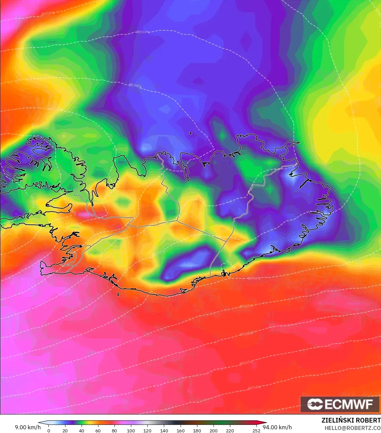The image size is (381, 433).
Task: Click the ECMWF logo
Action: (340, 404)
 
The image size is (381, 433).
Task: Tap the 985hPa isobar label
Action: (143, 32)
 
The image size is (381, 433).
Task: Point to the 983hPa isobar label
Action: (135, 85)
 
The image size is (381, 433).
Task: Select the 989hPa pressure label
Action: (254, 278)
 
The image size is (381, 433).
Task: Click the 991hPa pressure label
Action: (246, 306)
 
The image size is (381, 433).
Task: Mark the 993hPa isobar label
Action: (246, 334)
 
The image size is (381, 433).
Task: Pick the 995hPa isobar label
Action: (246, 363)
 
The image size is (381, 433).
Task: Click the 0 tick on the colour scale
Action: (49, 430)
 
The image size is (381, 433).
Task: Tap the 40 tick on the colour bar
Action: (82, 430)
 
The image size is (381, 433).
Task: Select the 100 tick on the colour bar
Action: (131, 430)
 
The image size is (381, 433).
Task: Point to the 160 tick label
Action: (181, 430)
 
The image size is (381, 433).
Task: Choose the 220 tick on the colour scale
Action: (230, 430)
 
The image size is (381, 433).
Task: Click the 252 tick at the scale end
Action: (256, 430)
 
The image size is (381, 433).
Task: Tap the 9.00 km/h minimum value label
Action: (28, 427)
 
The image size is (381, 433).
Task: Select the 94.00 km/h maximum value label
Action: (277, 427)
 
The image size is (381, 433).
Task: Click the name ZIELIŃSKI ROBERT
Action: (351, 420)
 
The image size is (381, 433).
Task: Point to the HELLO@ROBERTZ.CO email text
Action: (352, 428)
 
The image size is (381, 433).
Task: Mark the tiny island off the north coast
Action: (190, 133)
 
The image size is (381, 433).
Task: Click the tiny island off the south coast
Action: (118, 295)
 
